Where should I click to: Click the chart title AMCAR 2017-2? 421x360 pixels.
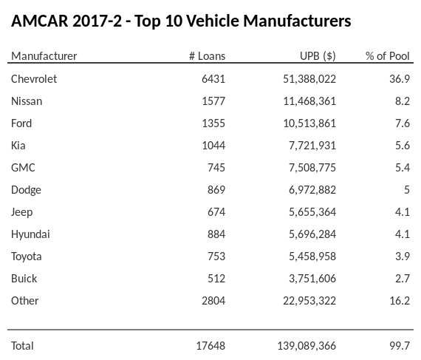181,21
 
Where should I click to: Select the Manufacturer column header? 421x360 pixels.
44,56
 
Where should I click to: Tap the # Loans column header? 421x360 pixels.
208,56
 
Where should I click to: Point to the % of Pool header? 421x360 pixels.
388,56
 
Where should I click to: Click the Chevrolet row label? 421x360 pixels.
34,78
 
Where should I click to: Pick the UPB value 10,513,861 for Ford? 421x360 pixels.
305,123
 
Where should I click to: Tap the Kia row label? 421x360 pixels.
18,145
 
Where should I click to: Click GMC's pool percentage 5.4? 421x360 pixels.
402,167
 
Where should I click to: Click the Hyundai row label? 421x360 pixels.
31,234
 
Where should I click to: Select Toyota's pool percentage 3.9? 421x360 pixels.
402,256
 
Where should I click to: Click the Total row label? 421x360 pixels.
23,345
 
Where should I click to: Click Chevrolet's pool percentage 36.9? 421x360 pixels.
400,78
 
